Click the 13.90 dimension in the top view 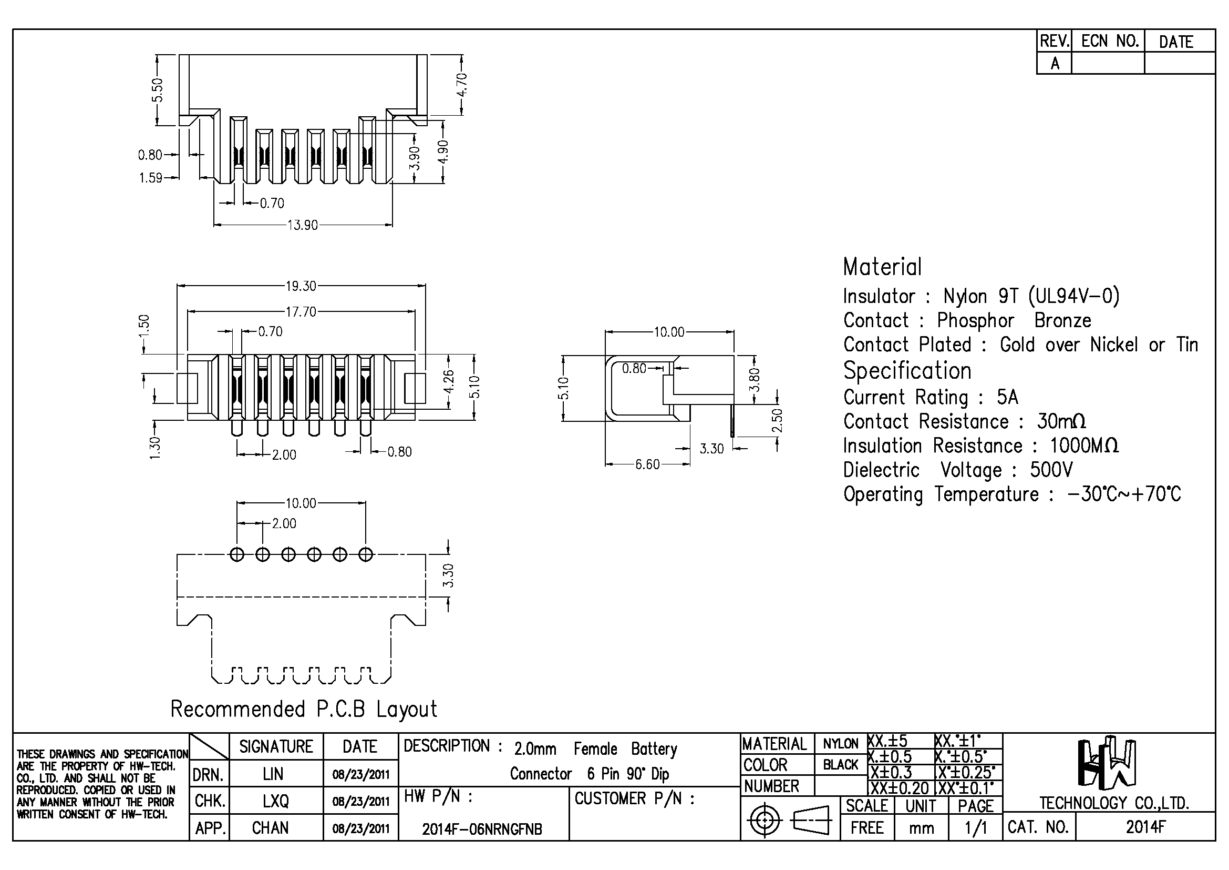tap(303, 225)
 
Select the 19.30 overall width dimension tap(301, 286)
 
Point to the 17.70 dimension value tap(301, 312)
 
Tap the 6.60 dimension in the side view tap(647, 464)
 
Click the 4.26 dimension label tap(449, 381)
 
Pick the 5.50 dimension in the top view tap(157, 89)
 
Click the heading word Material tap(882, 267)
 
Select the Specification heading tap(907, 371)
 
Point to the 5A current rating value tap(1007, 397)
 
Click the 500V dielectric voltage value tap(1051, 470)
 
